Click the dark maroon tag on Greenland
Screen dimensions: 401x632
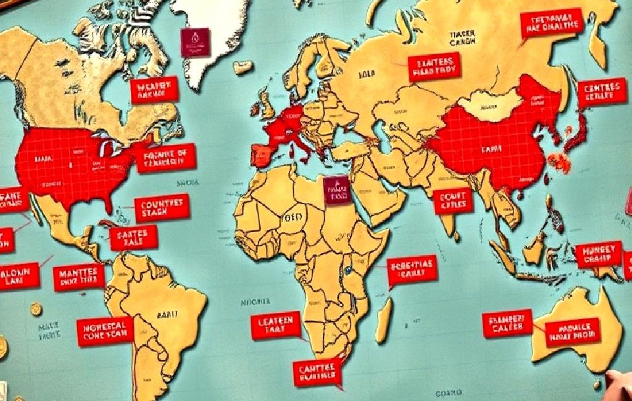click(x=195, y=42)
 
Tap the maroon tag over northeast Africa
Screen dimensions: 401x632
click(x=336, y=190)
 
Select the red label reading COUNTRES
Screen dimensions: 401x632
click(x=162, y=208)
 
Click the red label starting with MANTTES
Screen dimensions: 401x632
click(x=78, y=278)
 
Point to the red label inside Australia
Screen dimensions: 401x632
click(x=572, y=332)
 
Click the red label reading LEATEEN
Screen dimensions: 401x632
click(x=275, y=325)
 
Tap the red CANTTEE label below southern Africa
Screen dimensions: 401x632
click(x=317, y=372)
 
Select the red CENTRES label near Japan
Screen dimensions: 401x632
click(x=602, y=92)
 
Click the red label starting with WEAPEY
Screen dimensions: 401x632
click(x=154, y=90)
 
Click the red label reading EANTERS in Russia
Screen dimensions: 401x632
click(x=434, y=67)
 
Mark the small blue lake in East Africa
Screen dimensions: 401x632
click(x=348, y=270)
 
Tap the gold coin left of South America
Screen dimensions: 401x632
click(x=36, y=309)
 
